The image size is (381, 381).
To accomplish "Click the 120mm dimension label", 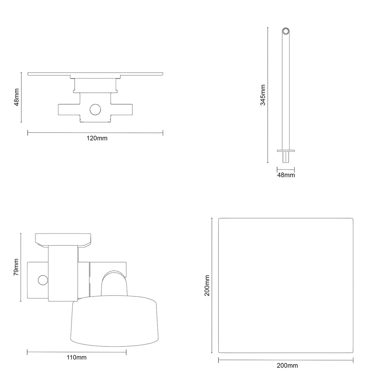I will (97, 138).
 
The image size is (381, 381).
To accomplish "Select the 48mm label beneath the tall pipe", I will (286, 175).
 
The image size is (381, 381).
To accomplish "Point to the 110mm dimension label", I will (76, 357).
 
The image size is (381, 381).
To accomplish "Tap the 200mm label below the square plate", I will (287, 366).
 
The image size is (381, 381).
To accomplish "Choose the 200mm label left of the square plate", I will (207, 285).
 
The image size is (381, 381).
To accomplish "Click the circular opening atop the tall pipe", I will (286, 31).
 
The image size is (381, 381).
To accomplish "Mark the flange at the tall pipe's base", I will (286, 151).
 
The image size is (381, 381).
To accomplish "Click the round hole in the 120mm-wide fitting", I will (96, 110).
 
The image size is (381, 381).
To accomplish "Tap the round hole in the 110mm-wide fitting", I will (43, 280).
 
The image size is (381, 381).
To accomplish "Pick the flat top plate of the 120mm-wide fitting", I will (95, 74).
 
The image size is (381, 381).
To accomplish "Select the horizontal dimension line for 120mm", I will (95, 133).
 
